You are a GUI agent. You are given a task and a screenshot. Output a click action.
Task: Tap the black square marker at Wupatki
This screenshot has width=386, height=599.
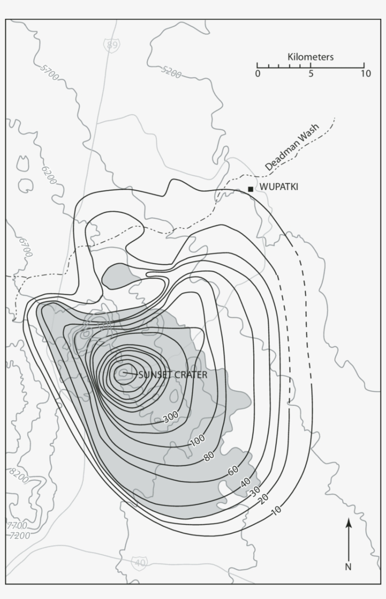250,189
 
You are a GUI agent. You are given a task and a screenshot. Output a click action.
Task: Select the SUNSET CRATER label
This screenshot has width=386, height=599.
172,375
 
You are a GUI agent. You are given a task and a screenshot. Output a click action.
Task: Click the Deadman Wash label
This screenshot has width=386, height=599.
291,147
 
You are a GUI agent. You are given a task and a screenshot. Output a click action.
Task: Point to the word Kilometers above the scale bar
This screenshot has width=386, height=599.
310,57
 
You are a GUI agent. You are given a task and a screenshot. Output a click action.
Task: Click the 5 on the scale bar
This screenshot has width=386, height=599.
311,73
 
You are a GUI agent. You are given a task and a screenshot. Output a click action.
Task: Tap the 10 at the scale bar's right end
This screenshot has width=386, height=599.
366,73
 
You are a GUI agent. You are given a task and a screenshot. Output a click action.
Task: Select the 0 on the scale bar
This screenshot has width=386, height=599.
257,73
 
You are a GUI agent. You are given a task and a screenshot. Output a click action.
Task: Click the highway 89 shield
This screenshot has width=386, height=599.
112,45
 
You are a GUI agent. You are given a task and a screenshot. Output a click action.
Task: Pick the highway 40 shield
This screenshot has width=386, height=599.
140,562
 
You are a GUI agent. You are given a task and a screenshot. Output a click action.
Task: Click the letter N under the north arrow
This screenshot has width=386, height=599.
348,567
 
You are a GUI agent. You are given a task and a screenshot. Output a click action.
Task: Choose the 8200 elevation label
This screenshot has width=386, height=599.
18,475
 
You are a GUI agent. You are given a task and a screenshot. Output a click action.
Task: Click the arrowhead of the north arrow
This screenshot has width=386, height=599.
348,522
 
